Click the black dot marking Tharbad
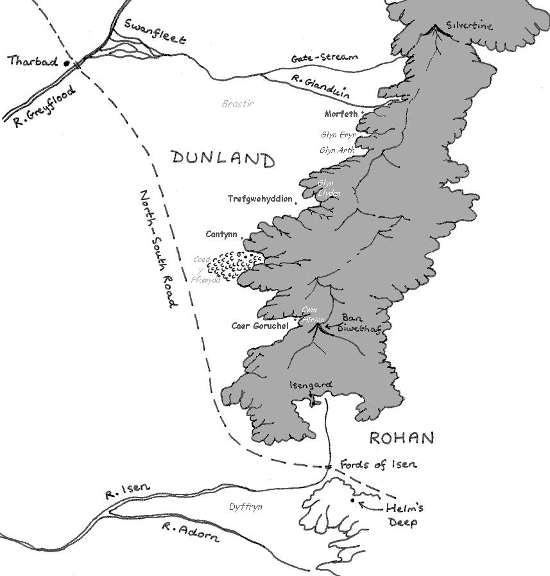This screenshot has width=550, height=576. [65, 64]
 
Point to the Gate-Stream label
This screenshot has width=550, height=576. [323, 58]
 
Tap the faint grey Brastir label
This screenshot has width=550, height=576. [237, 103]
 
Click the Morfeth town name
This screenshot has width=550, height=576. [341, 114]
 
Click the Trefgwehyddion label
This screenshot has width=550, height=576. [260, 199]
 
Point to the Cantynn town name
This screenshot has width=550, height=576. [221, 234]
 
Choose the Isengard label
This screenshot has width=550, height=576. [311, 385]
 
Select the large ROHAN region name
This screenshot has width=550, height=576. [402, 439]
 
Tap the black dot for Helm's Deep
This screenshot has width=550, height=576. [352, 500]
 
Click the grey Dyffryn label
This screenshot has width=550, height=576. [246, 507]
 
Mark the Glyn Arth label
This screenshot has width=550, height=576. [337, 150]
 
